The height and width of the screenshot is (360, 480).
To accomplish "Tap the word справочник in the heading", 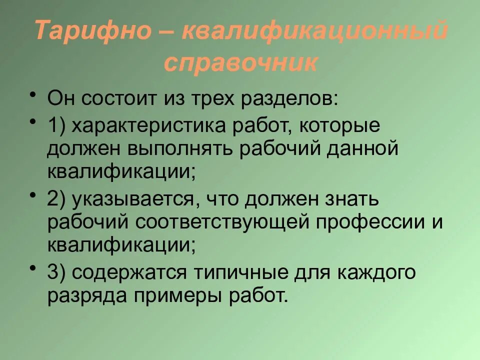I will pos(240,63).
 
